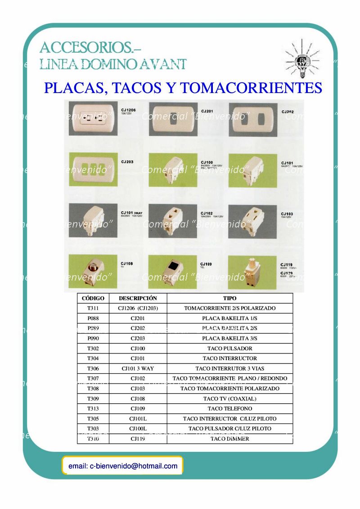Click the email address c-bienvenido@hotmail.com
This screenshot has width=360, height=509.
click(123, 466)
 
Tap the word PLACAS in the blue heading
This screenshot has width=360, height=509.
click(73, 87)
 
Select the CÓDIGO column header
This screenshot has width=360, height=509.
click(93, 298)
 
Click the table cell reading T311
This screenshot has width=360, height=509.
click(93, 308)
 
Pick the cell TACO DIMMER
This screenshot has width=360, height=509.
click(229, 439)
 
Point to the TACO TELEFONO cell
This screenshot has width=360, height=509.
click(229, 409)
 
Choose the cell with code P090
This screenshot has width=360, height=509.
click(93, 339)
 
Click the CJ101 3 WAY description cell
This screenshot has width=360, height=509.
click(138, 369)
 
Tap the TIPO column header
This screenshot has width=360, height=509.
click(229, 298)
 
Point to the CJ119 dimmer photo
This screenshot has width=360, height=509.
click(252, 272)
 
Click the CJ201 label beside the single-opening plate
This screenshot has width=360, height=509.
click(207, 111)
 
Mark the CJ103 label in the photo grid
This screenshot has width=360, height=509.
click(288, 214)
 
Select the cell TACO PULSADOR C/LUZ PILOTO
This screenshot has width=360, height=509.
click(229, 429)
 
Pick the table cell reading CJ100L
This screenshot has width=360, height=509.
click(138, 429)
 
